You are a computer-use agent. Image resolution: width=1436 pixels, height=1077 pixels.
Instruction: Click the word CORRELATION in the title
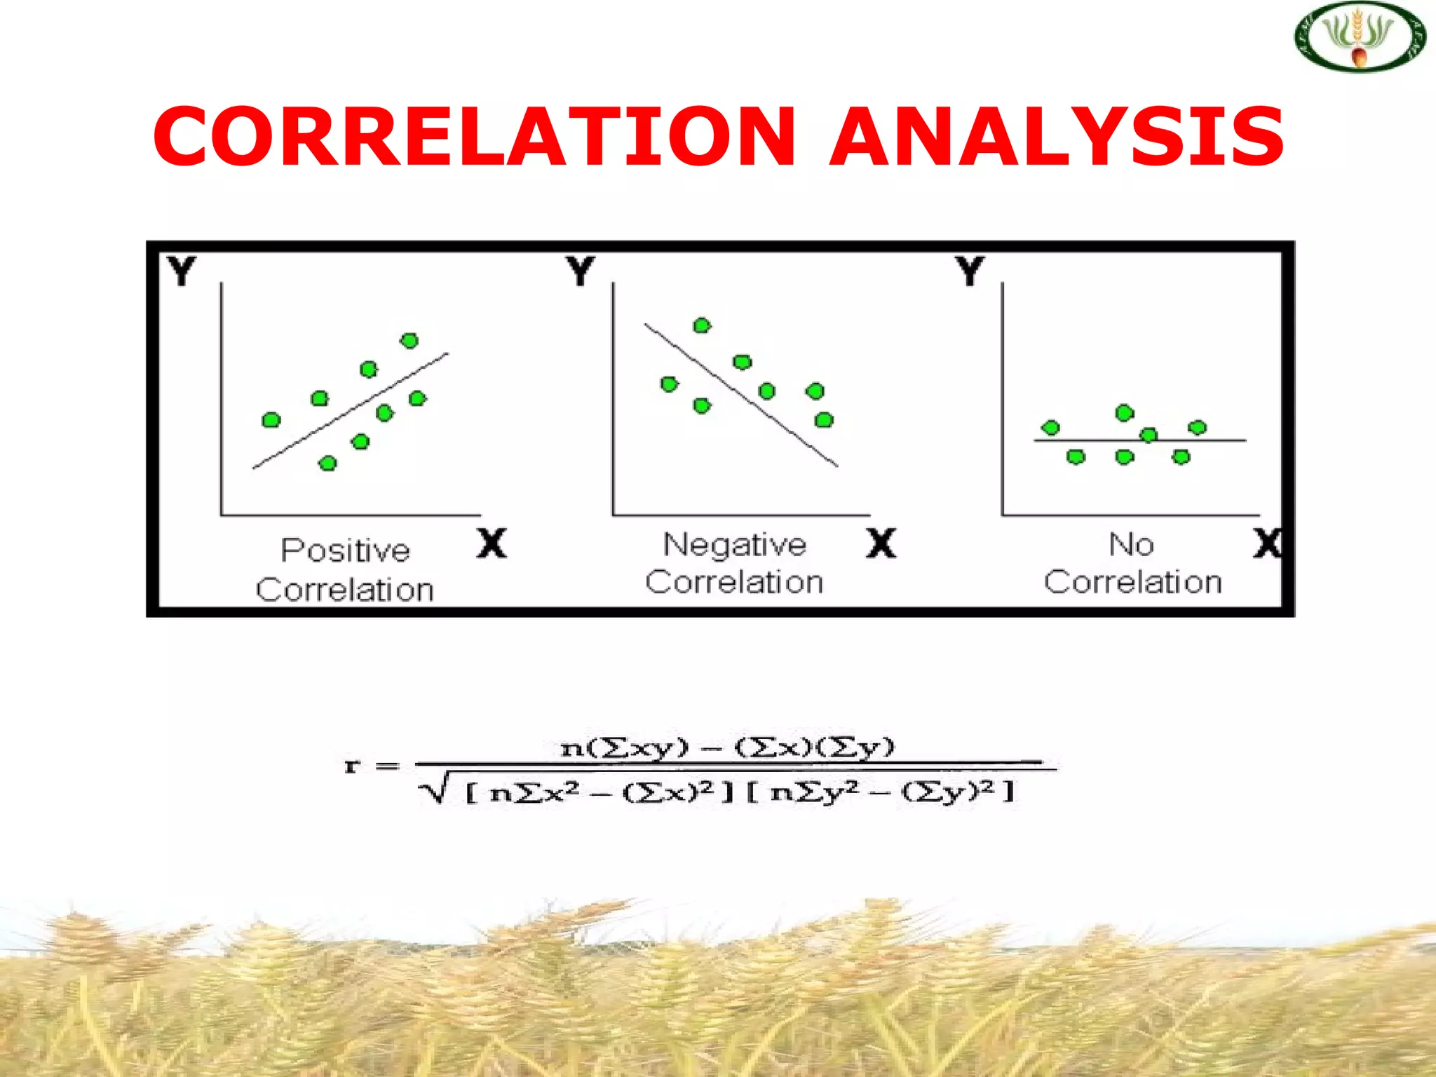tap(475, 136)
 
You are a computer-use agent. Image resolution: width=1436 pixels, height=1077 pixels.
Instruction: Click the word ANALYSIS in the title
tap(1057, 136)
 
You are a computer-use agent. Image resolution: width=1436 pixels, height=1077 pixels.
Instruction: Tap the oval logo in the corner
tap(1360, 36)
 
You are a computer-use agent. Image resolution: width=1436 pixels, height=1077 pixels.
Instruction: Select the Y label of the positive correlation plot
tap(182, 271)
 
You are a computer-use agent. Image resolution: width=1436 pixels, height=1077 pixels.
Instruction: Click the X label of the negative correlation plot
tap(881, 543)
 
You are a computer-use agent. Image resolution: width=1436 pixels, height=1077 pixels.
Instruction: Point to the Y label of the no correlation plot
tap(970, 271)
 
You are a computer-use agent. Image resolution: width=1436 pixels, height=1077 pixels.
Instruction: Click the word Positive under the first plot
tap(345, 550)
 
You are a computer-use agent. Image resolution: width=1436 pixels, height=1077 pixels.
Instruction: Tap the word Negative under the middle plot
tap(735, 545)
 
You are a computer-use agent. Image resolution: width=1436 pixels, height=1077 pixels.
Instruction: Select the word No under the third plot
tap(1131, 545)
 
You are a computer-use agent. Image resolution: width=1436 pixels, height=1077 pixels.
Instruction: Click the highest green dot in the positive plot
tap(409, 341)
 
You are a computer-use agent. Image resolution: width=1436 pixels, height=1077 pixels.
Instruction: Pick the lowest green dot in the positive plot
tap(327, 463)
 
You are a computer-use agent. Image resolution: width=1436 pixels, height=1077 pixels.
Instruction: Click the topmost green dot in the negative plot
tap(702, 325)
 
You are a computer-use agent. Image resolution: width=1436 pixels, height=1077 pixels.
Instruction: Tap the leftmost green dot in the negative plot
tap(669, 384)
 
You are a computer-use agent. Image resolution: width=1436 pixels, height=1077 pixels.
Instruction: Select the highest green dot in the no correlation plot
tap(1125, 413)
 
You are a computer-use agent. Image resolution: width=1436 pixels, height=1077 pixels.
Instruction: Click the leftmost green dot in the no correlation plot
tap(1050, 428)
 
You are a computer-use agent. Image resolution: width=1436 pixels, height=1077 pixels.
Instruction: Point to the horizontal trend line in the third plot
tap(1227, 440)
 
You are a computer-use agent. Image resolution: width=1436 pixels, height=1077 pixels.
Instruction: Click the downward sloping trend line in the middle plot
tap(792, 433)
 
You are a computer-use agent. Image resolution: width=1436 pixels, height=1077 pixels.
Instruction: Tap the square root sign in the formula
tap(432, 792)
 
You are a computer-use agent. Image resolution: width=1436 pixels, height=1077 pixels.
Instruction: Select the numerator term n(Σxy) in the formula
tap(624, 748)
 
